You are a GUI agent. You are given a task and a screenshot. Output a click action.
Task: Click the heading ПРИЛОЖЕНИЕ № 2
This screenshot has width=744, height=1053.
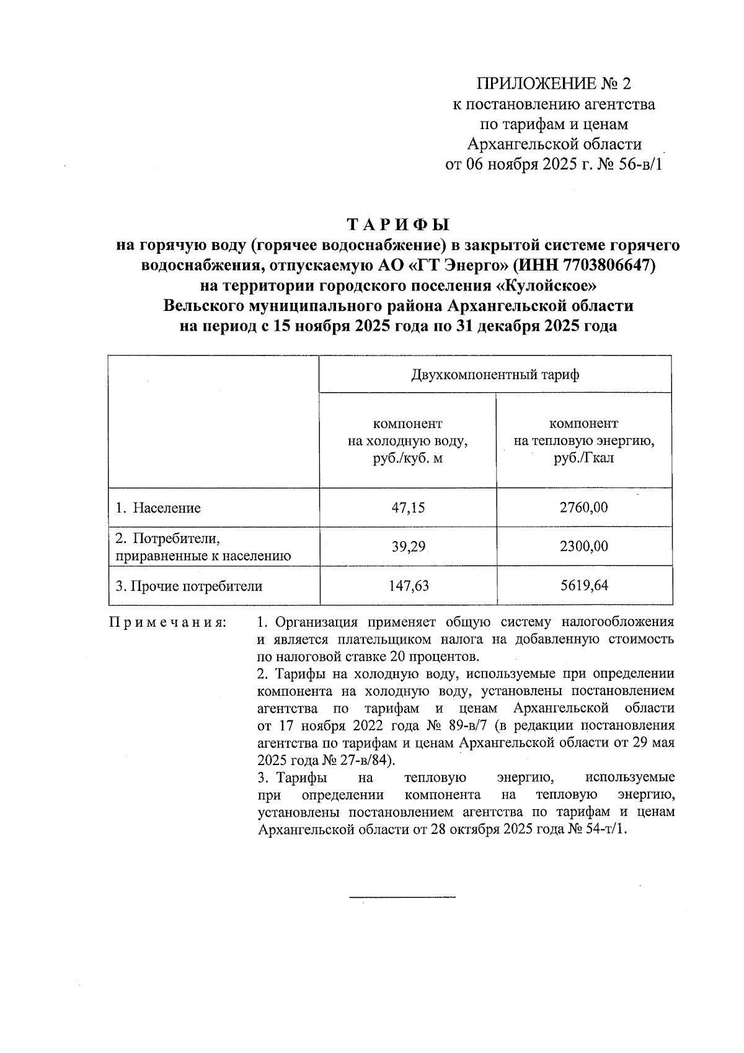pyautogui.click(x=553, y=84)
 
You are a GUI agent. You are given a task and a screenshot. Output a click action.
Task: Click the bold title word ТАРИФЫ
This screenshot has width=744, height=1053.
pyautogui.click(x=397, y=223)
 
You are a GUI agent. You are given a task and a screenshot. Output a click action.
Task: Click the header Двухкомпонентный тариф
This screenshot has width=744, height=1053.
pyautogui.click(x=495, y=375)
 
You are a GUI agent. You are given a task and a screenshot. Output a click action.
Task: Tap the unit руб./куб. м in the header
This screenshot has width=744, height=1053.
pyautogui.click(x=407, y=459)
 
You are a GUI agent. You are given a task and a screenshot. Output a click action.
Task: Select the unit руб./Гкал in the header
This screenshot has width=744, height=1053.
pyautogui.click(x=583, y=459)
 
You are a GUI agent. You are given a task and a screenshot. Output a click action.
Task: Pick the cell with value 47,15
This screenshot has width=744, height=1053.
pyautogui.click(x=407, y=508)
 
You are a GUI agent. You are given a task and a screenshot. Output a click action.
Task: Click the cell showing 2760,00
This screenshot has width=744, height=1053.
pyautogui.click(x=583, y=508)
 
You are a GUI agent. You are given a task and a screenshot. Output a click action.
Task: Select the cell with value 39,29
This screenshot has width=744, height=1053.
pyautogui.click(x=407, y=547)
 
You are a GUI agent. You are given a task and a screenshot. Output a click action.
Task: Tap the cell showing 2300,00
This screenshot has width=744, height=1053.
pyautogui.click(x=583, y=547)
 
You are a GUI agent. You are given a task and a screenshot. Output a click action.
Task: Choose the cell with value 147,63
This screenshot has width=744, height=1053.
pyautogui.click(x=407, y=586)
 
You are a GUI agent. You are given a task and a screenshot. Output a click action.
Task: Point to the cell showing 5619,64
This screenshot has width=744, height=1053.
pyautogui.click(x=583, y=586)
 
